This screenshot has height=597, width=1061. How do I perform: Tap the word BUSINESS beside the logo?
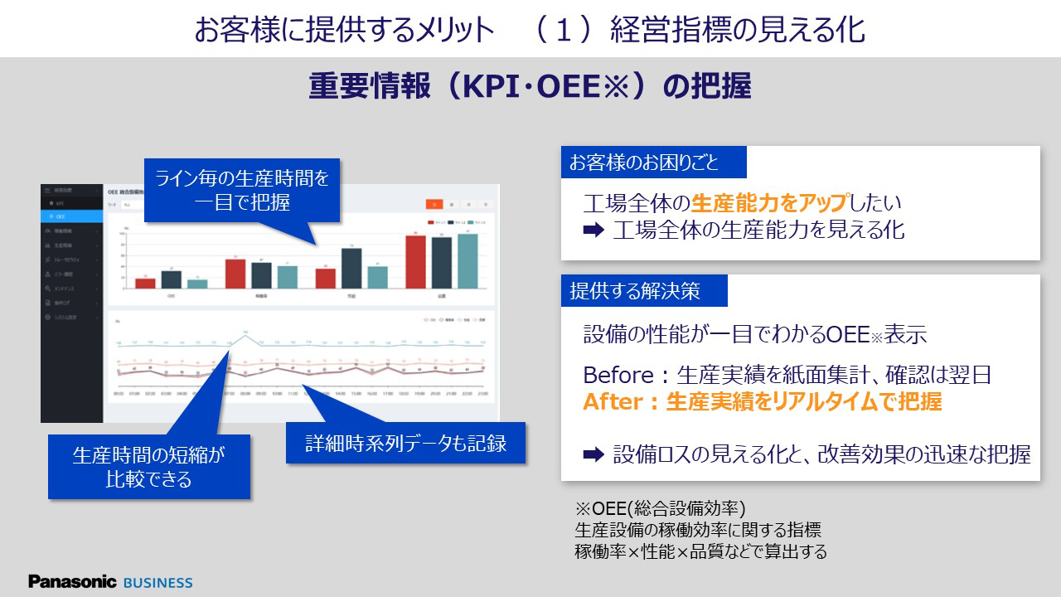click(x=157, y=583)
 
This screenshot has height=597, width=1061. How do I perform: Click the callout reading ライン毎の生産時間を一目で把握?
click(x=242, y=190)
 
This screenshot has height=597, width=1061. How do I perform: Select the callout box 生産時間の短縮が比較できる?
click(x=149, y=466)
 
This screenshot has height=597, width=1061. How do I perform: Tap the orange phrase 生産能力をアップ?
click(x=768, y=202)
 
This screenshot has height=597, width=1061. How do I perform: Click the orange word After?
click(x=613, y=401)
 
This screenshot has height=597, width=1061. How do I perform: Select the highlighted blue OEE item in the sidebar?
click(x=73, y=216)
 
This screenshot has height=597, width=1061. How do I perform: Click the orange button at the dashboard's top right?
click(x=434, y=203)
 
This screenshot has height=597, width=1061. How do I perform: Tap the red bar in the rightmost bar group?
click(x=416, y=262)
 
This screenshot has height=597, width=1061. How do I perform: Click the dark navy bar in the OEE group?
click(x=172, y=279)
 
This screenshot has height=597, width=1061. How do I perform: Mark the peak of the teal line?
click(x=245, y=335)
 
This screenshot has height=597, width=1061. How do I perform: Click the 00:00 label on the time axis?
click(x=119, y=394)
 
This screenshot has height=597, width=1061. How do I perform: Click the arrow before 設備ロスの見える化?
click(x=593, y=454)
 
